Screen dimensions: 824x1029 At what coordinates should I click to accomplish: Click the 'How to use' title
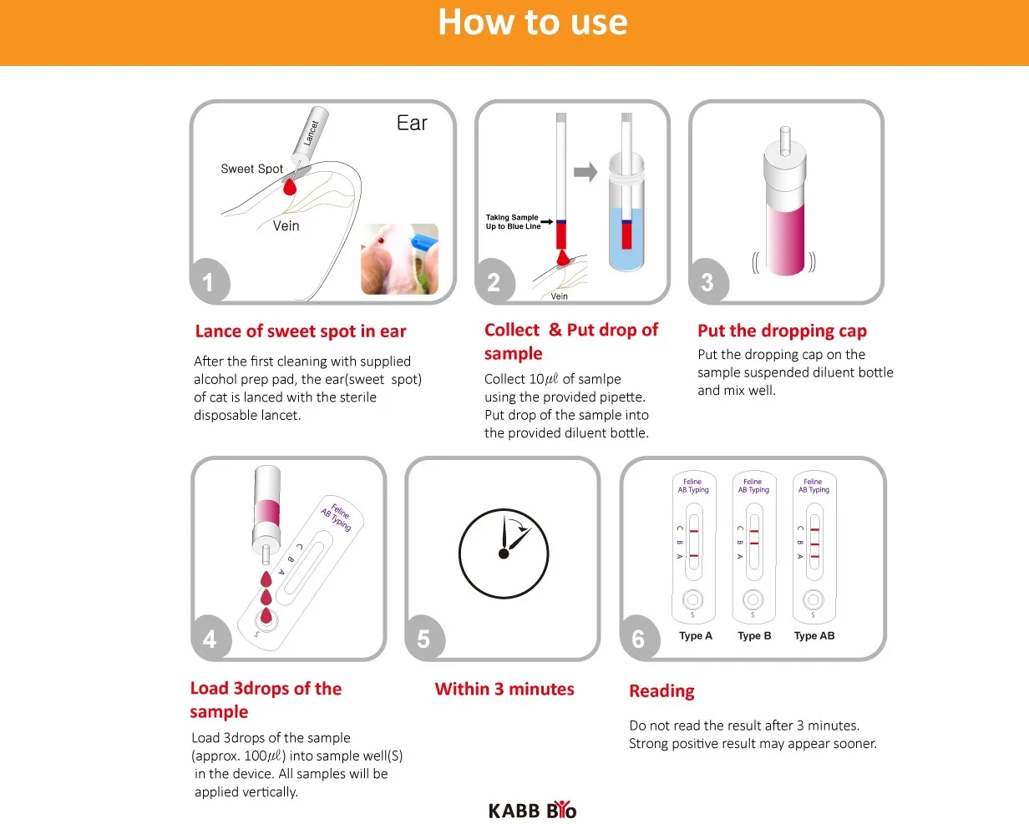tap(532, 23)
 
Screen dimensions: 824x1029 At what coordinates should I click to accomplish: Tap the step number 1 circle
tap(208, 281)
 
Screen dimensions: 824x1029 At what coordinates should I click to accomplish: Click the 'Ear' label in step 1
tap(412, 124)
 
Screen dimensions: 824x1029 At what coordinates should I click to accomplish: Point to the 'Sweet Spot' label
tap(251, 169)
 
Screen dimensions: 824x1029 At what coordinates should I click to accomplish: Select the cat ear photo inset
tap(399, 259)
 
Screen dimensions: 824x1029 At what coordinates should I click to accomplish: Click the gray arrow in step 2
tap(585, 173)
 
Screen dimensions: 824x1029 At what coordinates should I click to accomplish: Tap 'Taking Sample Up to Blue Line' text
tap(512, 221)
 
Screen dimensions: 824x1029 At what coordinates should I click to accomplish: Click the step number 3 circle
tap(707, 281)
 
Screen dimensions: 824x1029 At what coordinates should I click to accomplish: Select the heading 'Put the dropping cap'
tap(782, 331)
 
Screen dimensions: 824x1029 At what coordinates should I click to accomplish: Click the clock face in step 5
tap(504, 554)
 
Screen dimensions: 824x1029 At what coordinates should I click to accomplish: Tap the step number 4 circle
tap(209, 639)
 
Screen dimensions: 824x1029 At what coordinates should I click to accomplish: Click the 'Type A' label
tap(695, 636)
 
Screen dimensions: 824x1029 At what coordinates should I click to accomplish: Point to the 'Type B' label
tap(754, 636)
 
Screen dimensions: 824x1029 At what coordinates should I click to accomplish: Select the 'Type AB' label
tap(814, 636)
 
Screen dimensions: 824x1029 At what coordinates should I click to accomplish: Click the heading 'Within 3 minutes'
tap(504, 690)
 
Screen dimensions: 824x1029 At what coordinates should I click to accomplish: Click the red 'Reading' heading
tap(661, 691)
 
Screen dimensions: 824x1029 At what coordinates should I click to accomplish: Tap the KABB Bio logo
tap(532, 810)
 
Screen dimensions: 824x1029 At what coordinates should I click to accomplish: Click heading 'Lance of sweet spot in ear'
tap(301, 331)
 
